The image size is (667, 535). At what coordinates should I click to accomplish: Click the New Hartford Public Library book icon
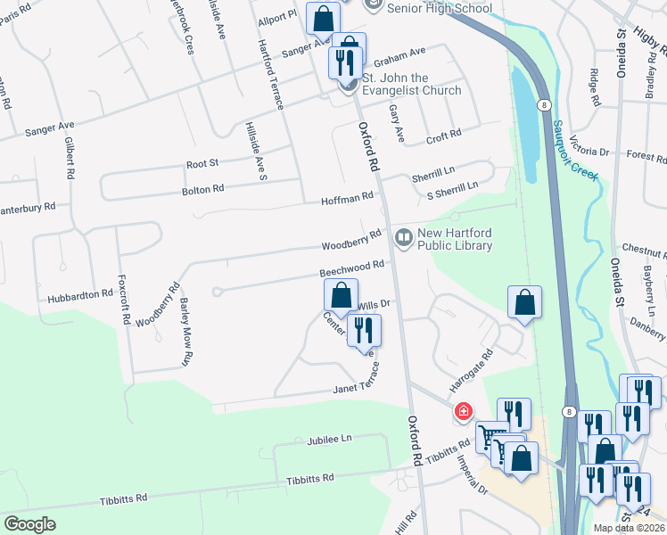click(x=403, y=236)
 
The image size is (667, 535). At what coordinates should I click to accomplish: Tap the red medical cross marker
click(x=463, y=411)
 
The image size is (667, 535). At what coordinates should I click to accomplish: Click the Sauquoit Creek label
click(x=573, y=152)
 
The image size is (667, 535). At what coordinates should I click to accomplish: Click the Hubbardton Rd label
click(x=81, y=293)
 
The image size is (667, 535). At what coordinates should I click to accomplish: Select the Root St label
click(x=202, y=164)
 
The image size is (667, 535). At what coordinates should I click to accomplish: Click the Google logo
click(x=29, y=523)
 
